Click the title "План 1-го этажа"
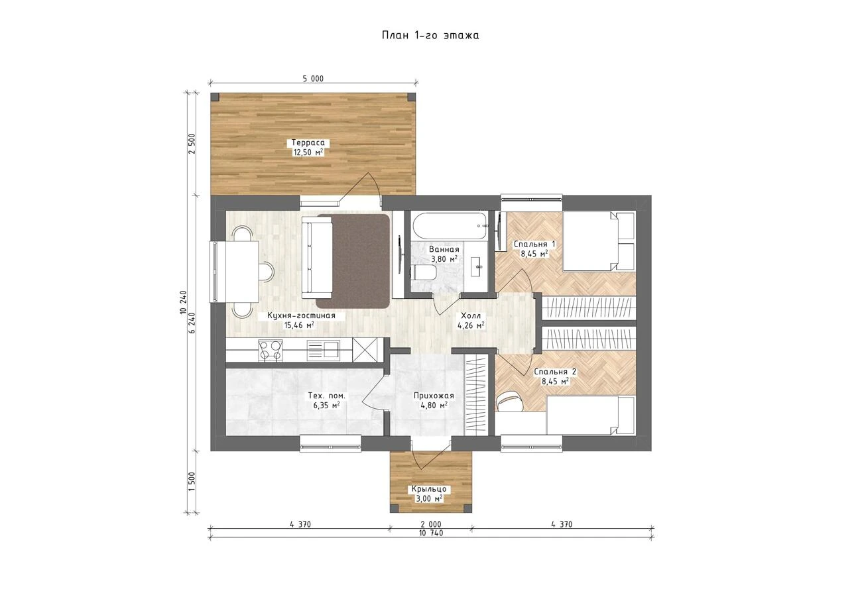click(430, 35)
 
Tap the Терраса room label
click(308, 142)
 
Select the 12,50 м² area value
click(308, 152)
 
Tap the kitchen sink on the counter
click(323, 350)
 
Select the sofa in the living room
click(317, 257)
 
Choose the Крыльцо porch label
click(429, 489)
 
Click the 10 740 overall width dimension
click(431, 533)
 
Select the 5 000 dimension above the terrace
click(313, 79)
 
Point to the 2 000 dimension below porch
click(431, 524)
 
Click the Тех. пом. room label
click(327, 395)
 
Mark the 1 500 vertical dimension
click(192, 481)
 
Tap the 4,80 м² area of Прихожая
click(434, 406)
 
